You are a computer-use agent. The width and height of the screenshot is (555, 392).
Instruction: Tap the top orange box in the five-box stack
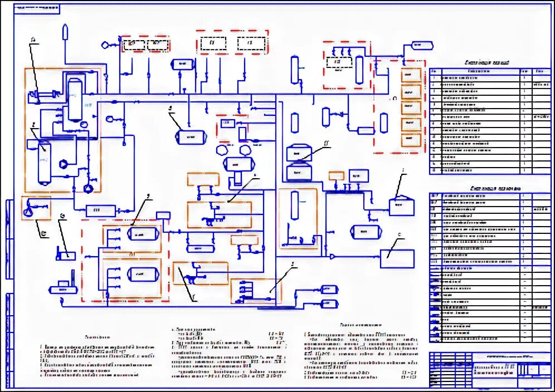pyautogui.click(x=412, y=75)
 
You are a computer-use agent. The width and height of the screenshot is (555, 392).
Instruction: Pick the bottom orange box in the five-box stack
pyautogui.click(x=412, y=140)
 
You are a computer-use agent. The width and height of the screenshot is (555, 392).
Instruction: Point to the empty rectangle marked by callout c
pyautogui.click(x=397, y=258)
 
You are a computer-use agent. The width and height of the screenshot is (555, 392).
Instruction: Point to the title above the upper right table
pyautogui.click(x=486, y=63)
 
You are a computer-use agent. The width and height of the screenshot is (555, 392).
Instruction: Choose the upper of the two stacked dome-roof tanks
pyautogui.click(x=299, y=153)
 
